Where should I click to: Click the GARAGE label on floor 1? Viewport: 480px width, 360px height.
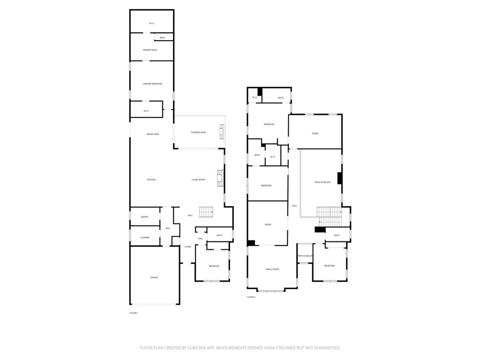click(x=154, y=277)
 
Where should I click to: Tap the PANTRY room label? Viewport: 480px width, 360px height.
click(x=144, y=217)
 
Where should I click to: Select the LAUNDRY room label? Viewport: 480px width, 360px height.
click(x=145, y=238)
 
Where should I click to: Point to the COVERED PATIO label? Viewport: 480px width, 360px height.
click(x=198, y=133)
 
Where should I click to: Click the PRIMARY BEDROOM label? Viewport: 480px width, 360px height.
click(x=152, y=84)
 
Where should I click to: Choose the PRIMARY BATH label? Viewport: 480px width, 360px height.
click(x=150, y=50)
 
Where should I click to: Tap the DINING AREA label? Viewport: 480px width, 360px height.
click(x=152, y=135)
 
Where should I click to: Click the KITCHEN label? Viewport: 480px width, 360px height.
click(x=151, y=180)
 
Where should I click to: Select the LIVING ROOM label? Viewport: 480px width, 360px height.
click(x=198, y=180)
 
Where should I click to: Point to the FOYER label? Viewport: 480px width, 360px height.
click(x=187, y=247)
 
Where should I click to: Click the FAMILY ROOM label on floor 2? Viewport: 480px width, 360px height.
click(x=272, y=270)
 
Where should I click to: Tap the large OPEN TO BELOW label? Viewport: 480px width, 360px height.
click(x=322, y=182)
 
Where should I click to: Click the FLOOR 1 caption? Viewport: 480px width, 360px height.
click(x=134, y=313)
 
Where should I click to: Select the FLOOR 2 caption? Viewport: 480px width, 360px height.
click(x=251, y=297)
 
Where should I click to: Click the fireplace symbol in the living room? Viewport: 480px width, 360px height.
click(x=220, y=178)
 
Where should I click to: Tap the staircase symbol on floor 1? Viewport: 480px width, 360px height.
click(x=206, y=212)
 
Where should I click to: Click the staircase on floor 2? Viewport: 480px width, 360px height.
click(x=329, y=217)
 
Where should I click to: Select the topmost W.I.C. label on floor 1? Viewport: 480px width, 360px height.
click(x=152, y=23)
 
